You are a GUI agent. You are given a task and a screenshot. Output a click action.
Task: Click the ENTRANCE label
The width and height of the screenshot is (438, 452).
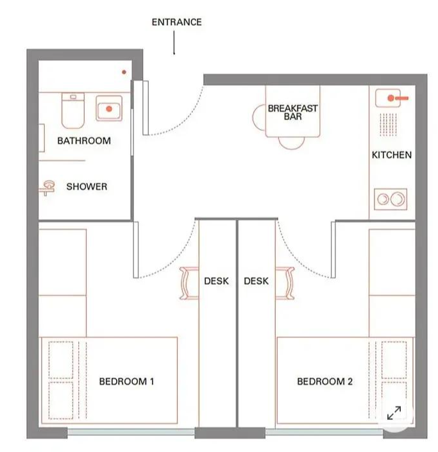coord(176,22)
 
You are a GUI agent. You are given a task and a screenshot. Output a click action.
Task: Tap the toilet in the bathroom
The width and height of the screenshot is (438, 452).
coord(73,110)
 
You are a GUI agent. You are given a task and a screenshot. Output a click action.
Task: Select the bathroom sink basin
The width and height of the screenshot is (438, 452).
coord(109,108)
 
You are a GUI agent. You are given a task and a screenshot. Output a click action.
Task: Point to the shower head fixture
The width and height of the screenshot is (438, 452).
coord(47,188)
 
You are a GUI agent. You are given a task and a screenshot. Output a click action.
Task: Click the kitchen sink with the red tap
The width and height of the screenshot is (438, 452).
coord(388,98)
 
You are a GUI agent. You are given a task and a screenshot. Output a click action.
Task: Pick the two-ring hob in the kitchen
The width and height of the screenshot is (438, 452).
coord(391,199)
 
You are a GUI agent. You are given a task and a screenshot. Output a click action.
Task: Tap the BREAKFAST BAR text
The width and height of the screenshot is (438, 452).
coord(292,112)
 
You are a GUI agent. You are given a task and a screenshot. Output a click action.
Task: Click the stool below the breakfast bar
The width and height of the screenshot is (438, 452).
coord(291,143)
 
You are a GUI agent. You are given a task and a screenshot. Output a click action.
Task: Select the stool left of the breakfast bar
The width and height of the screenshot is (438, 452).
coord(259,117)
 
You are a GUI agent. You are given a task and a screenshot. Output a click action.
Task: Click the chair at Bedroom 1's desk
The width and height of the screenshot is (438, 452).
coord(189,283)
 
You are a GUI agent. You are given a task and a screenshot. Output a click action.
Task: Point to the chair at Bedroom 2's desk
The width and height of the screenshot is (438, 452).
coord(285,283)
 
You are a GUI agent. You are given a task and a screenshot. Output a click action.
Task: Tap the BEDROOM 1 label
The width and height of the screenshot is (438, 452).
coord(126,381)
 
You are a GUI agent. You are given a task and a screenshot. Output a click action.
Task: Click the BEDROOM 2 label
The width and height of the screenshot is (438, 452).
coord(324,381)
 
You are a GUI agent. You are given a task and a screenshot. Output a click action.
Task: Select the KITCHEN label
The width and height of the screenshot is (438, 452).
coord(392,155)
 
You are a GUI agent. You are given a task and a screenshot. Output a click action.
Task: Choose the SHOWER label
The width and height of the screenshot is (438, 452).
coord(87,187)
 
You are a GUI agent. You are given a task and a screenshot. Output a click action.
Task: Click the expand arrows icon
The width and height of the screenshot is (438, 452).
coord(394,413)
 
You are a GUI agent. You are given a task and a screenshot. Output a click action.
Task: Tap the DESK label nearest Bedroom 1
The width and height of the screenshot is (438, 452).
coord(216,281)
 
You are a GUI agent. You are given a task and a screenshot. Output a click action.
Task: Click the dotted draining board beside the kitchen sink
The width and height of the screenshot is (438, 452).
coord(388,124)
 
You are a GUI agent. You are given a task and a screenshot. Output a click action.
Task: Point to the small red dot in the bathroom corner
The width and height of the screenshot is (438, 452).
coord(124,72)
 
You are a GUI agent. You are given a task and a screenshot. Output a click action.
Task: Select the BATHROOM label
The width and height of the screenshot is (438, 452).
coord(84,140)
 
